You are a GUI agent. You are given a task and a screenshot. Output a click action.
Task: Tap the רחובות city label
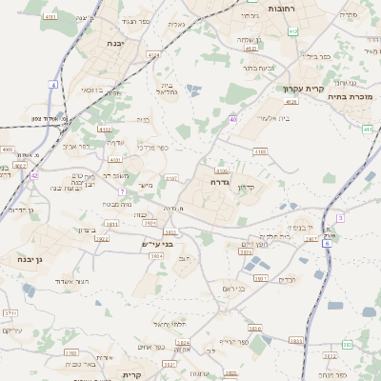pos(281,8)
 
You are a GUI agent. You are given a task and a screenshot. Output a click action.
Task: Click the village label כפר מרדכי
pos(153,148)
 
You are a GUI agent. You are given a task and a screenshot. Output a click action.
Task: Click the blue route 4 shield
pos(54,85)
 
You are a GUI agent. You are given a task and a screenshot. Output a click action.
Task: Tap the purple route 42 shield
pos(33,175)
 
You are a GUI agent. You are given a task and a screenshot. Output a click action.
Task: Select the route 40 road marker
pos(232,119)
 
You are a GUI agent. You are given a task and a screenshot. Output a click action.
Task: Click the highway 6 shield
pos(326,244)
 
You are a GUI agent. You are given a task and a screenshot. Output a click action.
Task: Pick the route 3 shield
pos(340,217)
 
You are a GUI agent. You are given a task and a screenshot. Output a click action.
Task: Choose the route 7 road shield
pos(122,191)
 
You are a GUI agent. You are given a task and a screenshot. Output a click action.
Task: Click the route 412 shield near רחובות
pos(292,31)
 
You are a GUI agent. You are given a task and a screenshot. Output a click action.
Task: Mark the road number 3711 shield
pos(10,312)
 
